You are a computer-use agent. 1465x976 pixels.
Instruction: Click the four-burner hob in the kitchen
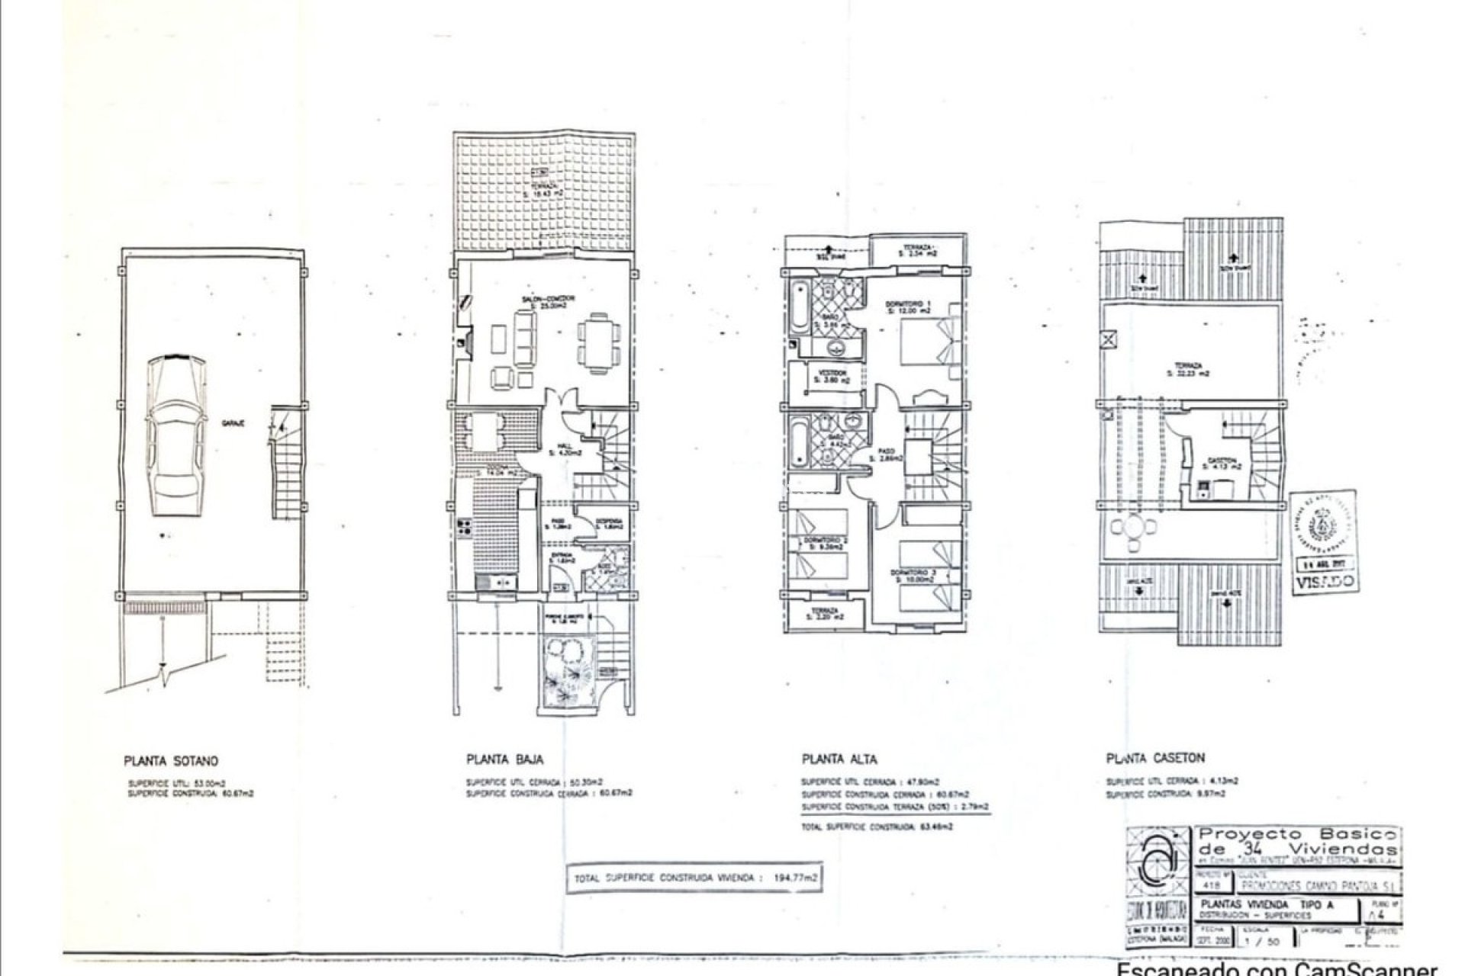tap(463, 525)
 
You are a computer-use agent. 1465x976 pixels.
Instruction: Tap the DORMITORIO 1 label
tap(907, 307)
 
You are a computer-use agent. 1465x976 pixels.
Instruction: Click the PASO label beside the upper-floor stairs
tap(887, 454)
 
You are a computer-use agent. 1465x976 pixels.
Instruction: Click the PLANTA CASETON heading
tap(1155, 758)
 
